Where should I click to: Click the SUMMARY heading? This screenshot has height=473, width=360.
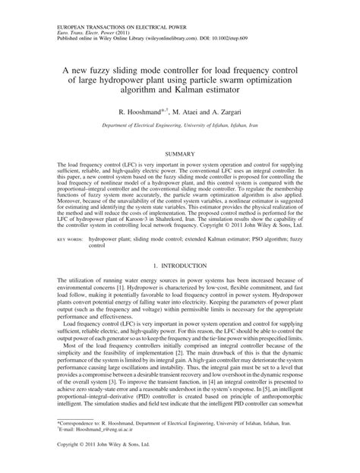(179, 154)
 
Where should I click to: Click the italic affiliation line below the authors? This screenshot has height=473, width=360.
(180, 126)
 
